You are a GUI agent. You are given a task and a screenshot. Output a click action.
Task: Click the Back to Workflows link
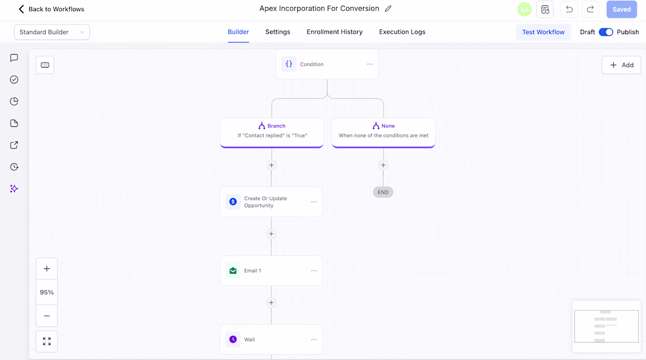coord(52,9)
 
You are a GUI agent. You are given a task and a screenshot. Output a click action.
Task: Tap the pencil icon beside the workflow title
coord(388,9)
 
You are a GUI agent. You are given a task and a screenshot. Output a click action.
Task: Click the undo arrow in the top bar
coord(569,9)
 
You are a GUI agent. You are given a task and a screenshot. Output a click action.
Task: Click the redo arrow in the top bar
coord(590,9)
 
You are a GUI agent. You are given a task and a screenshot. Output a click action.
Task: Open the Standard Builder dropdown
coord(52,32)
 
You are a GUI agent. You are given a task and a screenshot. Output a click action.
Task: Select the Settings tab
coord(278,32)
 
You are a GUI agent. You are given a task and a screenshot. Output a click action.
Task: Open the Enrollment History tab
coord(335,32)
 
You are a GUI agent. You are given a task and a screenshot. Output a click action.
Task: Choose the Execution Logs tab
coord(402,32)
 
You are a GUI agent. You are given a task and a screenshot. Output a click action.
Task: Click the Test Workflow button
coord(543,32)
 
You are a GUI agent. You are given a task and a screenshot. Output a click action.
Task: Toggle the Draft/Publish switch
coord(605,32)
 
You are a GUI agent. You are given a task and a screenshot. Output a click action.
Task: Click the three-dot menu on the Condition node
coord(369,64)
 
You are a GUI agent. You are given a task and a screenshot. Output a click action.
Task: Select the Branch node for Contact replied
coord(272,132)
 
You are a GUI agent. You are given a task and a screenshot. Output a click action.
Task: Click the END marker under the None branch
coord(383,193)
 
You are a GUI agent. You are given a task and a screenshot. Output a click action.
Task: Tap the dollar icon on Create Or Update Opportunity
coord(233,202)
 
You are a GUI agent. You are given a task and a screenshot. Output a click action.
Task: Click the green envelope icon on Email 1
coord(233,271)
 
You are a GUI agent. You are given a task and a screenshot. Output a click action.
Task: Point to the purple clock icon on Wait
coord(233,339)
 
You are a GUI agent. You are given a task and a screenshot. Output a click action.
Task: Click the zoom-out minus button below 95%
coord(46,316)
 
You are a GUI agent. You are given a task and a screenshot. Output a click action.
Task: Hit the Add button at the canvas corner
coord(621,65)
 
